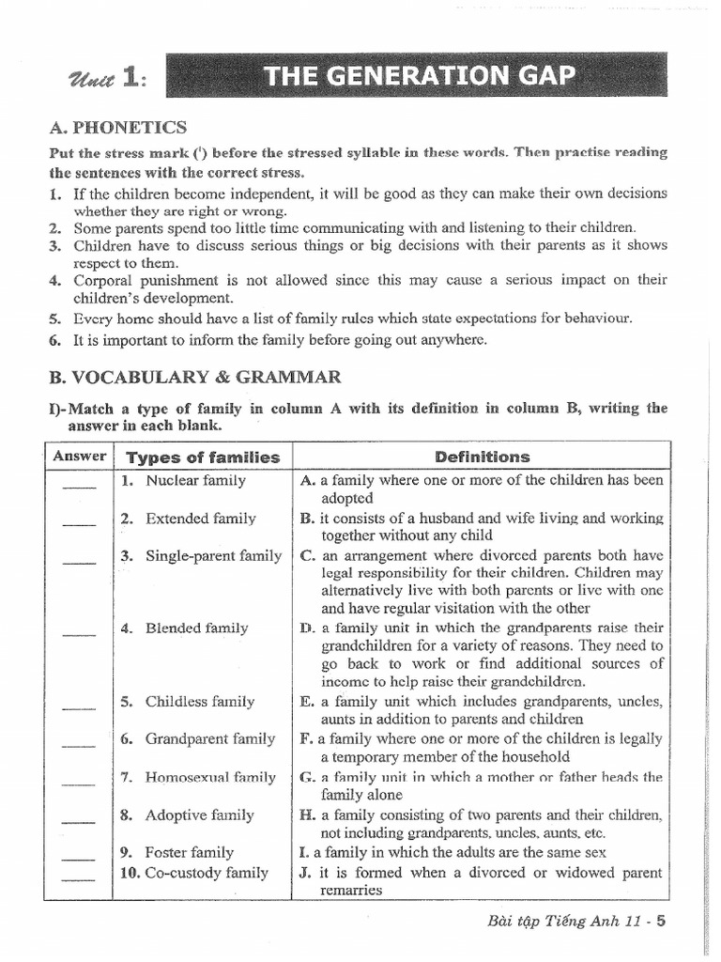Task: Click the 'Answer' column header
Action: point(80,457)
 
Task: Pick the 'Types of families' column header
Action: point(203,458)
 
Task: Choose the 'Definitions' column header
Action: point(483,458)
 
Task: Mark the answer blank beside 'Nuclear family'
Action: point(80,486)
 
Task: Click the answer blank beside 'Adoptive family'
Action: point(80,820)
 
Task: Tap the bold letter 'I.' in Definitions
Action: point(304,852)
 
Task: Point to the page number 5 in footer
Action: point(661,921)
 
